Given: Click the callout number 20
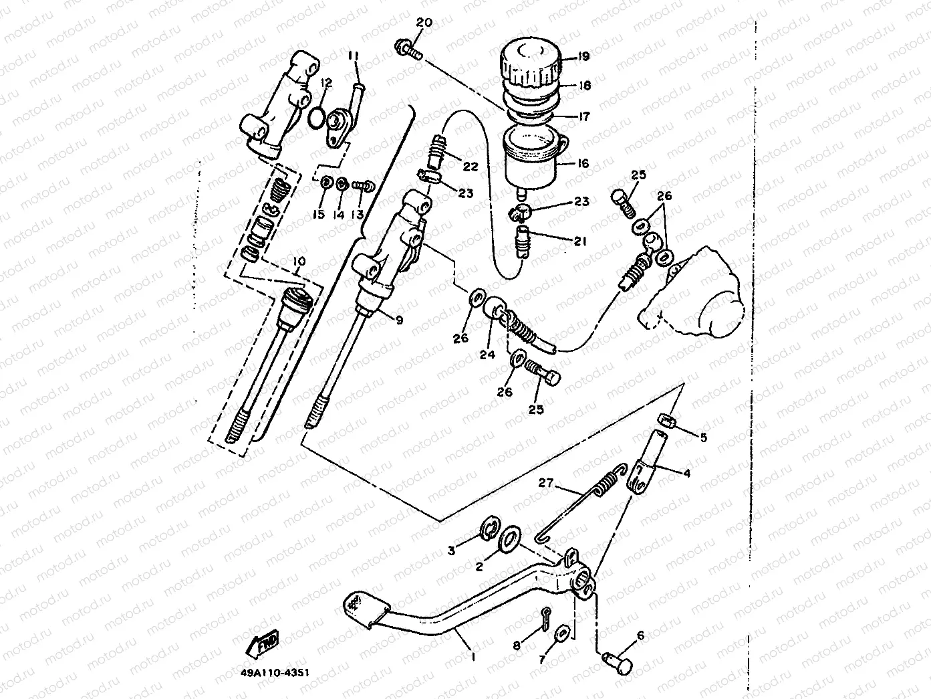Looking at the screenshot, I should tap(424, 23).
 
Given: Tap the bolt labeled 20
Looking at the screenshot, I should tap(408, 48).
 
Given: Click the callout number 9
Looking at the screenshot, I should tap(399, 320).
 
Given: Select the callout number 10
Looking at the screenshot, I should tap(298, 260).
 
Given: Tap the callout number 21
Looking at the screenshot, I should tap(579, 241).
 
